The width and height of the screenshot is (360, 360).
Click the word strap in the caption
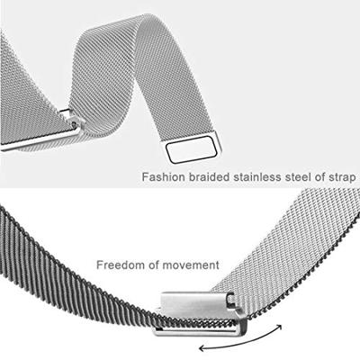pyautogui.click(x=342, y=177)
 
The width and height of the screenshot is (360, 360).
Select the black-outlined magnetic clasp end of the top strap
pyautogui.click(x=192, y=149)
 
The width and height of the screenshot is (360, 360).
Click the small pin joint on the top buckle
pyautogui.click(x=74, y=122)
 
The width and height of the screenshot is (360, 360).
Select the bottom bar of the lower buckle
pyautogui.click(x=198, y=331)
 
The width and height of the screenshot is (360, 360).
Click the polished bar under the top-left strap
pyautogui.click(x=39, y=141)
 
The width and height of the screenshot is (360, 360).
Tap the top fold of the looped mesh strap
pyautogui.click(x=143, y=22)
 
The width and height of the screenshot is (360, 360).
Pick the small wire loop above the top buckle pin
pyautogui.click(x=66, y=113)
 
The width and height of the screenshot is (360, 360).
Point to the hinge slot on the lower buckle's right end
pyautogui.click(x=231, y=298)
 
